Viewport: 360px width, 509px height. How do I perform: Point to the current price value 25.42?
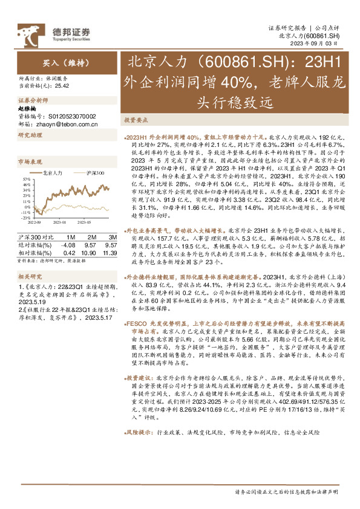[x=62, y=87]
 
